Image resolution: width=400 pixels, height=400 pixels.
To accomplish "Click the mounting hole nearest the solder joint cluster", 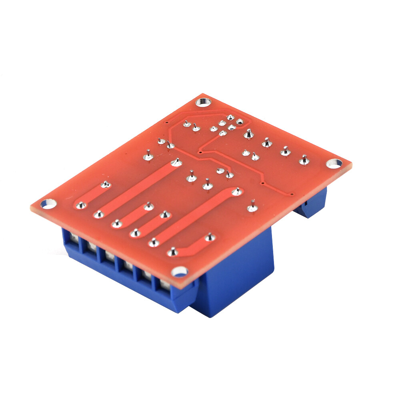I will click(202, 101).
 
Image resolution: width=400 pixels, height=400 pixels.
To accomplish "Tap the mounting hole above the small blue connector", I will click(334, 163).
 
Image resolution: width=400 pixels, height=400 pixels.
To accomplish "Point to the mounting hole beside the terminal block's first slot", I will click(47, 204).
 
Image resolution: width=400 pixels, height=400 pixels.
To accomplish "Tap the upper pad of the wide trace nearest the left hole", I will click(105, 185).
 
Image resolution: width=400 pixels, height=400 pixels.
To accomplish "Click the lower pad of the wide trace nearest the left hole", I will click(81, 206).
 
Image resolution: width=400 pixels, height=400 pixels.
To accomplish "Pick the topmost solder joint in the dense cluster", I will click(230, 118).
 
